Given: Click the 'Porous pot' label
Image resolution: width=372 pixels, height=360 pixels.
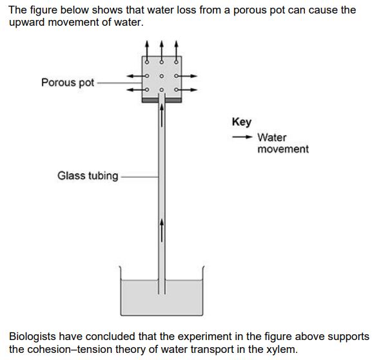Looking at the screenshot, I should coord(67,82).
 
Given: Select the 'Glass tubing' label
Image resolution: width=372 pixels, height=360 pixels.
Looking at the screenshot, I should coord(88,175).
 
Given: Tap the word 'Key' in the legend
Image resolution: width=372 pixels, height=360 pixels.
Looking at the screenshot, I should coord(242,122).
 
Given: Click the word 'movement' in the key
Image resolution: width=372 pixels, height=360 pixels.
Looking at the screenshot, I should coord(282,149).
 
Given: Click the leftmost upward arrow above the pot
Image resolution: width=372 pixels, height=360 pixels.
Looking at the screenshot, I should coord(148,51).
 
